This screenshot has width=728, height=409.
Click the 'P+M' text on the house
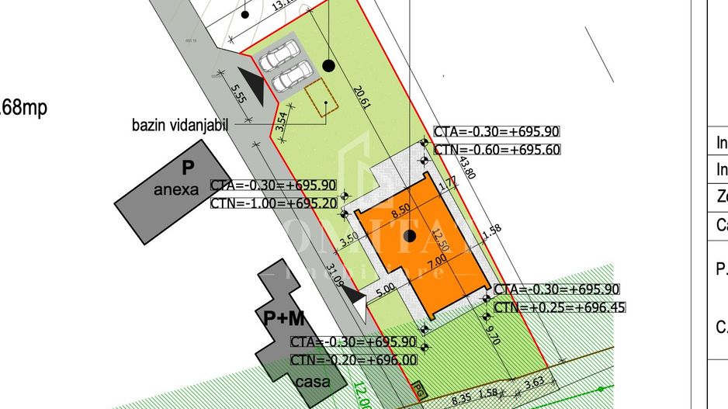(284, 318)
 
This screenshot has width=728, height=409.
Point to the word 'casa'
(312, 382)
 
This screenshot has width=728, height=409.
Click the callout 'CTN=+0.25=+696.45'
(560, 307)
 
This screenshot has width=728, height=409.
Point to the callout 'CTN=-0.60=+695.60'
(497, 150)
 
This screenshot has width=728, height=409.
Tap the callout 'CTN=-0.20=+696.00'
(353, 359)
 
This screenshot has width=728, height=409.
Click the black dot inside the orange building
(410, 235)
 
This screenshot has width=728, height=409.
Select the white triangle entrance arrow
(358, 304)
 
